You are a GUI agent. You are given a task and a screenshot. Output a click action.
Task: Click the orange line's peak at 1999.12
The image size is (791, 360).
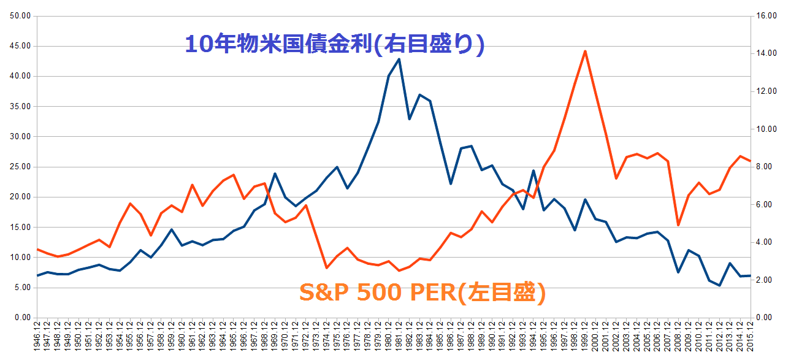[585, 51]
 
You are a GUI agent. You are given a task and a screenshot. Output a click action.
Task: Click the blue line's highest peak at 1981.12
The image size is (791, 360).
[399, 59]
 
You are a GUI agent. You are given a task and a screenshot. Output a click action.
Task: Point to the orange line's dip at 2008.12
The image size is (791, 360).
[678, 225]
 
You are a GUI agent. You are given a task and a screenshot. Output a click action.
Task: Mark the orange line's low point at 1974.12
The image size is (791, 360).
[326, 267]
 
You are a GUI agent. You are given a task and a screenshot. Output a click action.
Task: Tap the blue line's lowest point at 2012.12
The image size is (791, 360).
[719, 285]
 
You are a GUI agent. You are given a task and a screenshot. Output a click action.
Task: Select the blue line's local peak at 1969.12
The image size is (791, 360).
[275, 174]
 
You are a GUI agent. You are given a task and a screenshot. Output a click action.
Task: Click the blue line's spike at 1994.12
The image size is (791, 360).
[533, 170]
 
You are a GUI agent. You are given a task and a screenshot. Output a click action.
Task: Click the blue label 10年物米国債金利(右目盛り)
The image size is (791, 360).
[335, 45]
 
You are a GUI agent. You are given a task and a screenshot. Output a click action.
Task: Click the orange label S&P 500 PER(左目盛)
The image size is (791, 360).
[422, 292]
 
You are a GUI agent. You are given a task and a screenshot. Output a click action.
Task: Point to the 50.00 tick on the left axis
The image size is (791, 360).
[21, 16]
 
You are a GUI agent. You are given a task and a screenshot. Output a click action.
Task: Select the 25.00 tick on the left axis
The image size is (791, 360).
[21, 167]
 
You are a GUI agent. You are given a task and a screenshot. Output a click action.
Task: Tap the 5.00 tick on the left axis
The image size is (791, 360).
[22, 288]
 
